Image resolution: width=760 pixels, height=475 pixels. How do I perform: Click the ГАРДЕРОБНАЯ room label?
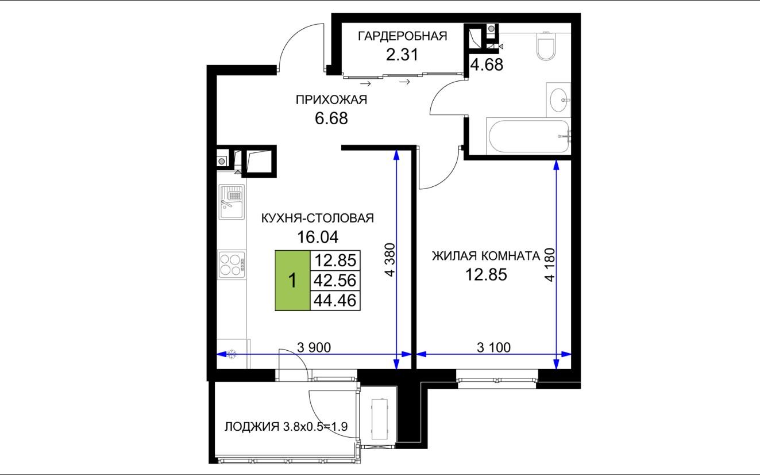tap(402, 36)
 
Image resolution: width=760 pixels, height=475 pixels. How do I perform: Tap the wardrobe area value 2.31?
tap(402, 55)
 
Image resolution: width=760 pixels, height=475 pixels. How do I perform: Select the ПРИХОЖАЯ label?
tap(331, 100)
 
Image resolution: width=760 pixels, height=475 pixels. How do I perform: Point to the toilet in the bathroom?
tap(546, 46)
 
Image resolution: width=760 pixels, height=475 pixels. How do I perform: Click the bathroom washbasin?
tap(558, 100)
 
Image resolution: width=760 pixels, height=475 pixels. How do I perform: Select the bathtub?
tap(528, 136)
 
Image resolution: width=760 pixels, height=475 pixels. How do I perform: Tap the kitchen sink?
tap(232, 202)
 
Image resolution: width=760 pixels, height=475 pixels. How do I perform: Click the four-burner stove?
tap(232, 265)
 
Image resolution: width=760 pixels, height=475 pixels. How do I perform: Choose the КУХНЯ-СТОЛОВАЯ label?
tap(318, 218)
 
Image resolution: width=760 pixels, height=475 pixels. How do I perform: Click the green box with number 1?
tap(292, 281)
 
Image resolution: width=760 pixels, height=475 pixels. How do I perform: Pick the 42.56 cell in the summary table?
tap(335, 281)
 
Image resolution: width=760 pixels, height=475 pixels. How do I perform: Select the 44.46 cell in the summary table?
tap(335, 301)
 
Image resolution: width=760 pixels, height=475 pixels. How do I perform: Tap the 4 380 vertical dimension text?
tap(390, 260)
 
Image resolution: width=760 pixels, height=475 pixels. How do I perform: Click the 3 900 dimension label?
tap(314, 347)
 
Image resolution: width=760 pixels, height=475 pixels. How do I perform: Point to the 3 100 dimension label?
tap(493, 347)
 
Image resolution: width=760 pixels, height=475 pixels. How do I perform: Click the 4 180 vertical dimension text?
tap(549, 265)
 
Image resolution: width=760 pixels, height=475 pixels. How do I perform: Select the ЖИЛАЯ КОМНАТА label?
tap(486, 256)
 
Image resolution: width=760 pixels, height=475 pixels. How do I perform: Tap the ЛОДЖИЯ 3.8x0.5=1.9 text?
tap(286, 427)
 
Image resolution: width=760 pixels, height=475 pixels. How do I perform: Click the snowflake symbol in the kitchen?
tap(232, 354)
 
